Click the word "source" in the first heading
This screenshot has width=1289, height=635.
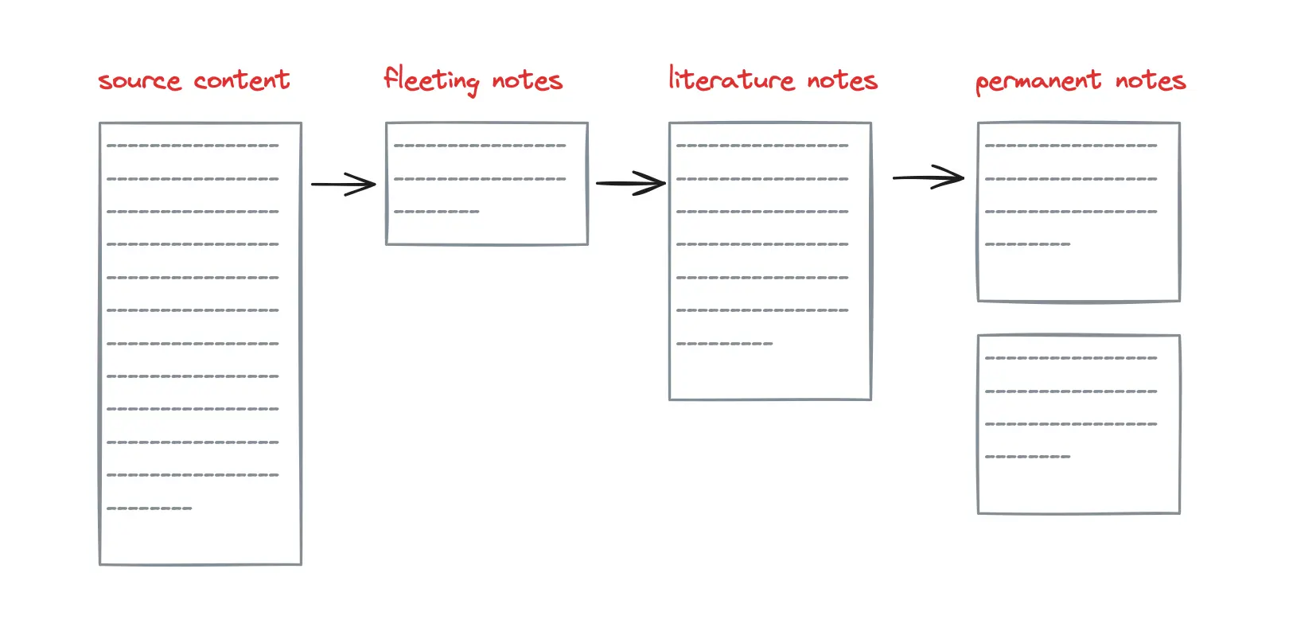[140, 81]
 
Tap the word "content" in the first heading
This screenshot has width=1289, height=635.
[242, 80]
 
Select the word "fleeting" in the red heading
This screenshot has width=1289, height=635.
[431, 80]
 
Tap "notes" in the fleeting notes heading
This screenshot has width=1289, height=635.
[527, 80]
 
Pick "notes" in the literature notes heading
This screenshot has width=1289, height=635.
[843, 80]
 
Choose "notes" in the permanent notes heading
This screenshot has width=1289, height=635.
[1151, 80]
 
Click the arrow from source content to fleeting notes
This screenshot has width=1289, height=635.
[344, 185]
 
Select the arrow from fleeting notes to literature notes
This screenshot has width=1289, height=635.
[631, 183]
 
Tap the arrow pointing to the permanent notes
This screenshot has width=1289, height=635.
[929, 177]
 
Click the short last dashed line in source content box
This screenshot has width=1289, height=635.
[149, 508]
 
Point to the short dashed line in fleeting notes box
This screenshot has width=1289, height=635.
[436, 212]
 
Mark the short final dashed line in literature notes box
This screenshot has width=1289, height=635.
[725, 344]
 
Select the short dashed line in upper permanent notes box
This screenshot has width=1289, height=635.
[1028, 244]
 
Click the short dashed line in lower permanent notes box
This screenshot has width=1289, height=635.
[1028, 457]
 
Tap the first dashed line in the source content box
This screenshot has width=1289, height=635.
[193, 146]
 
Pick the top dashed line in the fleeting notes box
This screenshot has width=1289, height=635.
[480, 146]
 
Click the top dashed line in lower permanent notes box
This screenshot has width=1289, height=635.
[1071, 358]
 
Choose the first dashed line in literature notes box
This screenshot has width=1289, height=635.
[762, 146]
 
